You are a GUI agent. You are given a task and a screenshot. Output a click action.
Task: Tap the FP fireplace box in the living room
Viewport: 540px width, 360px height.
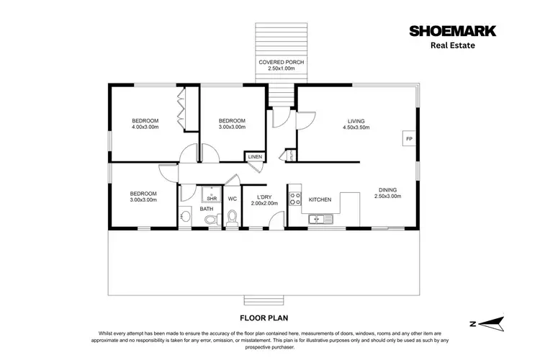click(x=408, y=138)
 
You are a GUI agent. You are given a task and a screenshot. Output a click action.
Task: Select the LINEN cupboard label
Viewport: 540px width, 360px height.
click(x=255, y=157)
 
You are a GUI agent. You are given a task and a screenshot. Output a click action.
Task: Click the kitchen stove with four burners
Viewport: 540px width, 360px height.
click(x=294, y=199)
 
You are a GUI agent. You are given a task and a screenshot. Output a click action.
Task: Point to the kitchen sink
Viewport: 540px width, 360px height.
click(x=317, y=219)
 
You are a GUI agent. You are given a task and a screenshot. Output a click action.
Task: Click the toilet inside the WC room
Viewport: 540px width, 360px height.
click(x=232, y=218)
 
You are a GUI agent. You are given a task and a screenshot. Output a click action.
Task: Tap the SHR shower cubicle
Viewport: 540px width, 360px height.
click(x=212, y=195)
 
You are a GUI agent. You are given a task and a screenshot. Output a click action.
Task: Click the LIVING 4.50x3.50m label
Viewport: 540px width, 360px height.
click(x=356, y=124)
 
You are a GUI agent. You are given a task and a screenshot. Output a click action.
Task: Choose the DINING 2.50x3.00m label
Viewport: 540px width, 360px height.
click(x=388, y=193)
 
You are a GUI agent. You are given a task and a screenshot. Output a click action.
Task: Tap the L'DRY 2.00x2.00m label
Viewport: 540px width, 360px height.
click(x=264, y=199)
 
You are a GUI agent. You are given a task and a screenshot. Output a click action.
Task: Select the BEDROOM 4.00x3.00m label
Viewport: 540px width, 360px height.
click(x=145, y=124)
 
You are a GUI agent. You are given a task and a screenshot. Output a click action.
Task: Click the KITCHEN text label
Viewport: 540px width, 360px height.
click(x=320, y=199)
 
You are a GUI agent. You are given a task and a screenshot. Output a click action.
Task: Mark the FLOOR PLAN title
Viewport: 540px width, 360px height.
click(x=270, y=317)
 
